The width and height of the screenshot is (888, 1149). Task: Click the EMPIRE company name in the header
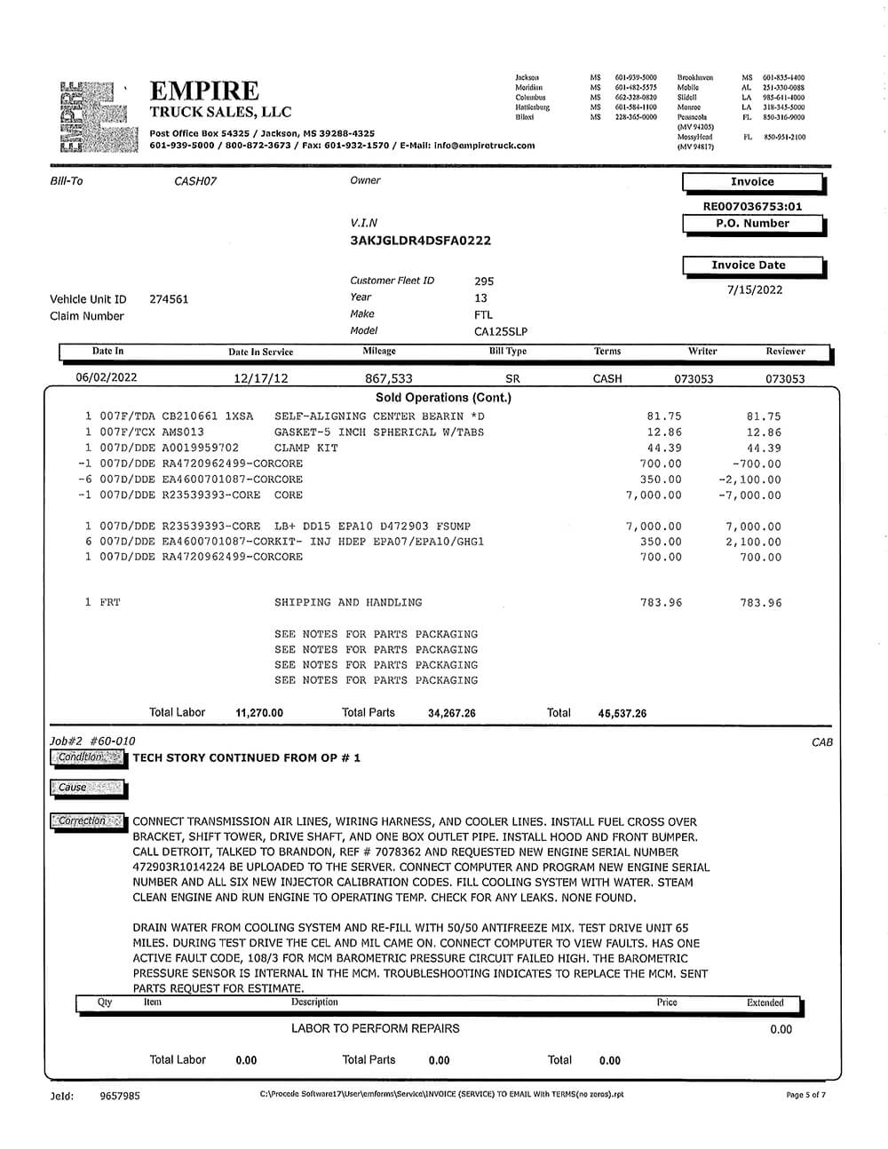click(x=204, y=91)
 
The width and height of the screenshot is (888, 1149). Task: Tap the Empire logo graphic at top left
click(x=98, y=115)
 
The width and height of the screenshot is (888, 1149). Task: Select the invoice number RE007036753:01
click(x=752, y=206)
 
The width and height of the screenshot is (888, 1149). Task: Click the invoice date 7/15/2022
click(x=754, y=289)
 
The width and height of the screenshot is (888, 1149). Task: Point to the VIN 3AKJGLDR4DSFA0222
click(x=421, y=241)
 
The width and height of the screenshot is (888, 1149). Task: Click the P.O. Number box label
click(x=752, y=224)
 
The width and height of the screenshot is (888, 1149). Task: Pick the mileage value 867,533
click(x=389, y=378)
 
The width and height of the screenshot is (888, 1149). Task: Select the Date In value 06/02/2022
click(x=107, y=377)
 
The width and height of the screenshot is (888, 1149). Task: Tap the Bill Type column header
click(x=508, y=352)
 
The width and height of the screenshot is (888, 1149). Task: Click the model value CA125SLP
click(x=501, y=331)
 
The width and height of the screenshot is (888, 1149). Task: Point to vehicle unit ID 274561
click(x=169, y=299)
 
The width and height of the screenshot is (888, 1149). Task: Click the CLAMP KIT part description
click(x=306, y=448)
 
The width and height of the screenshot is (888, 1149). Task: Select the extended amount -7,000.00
click(x=749, y=495)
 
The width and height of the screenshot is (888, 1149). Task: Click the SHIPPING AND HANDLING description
click(x=348, y=602)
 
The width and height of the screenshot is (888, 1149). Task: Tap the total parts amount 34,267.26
click(x=451, y=713)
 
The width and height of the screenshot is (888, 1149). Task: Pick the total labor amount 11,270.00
click(x=259, y=713)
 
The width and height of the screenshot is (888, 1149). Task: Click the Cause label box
click(x=87, y=788)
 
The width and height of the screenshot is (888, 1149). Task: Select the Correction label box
click(x=87, y=821)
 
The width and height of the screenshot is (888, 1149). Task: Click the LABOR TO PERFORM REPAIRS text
click(x=376, y=1028)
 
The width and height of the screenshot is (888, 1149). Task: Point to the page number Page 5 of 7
click(x=805, y=1095)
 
